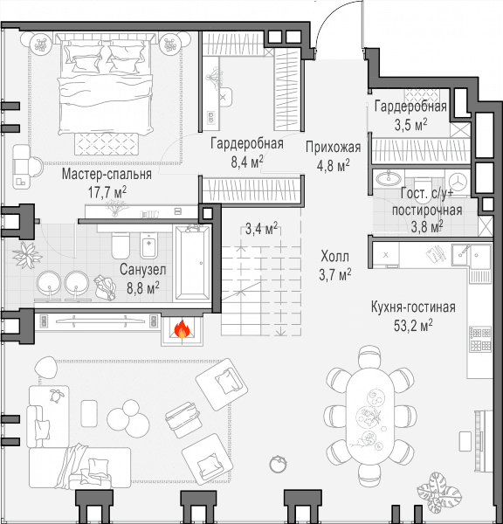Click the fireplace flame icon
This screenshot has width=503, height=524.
pos(182,329)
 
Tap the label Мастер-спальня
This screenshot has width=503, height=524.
pos(107,175)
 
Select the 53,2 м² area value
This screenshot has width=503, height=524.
pos(413,325)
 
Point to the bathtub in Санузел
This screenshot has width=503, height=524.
pos(192,263)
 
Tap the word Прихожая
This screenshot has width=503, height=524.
pos(334,148)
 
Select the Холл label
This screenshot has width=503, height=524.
pos(334,257)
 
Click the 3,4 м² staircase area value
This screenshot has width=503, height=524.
pos(261,229)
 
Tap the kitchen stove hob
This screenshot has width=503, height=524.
pos(480,339)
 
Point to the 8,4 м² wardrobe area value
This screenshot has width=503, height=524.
pos(247,162)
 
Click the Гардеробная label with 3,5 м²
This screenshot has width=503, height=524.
pos(410,107)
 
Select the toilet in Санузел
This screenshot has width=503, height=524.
pos(121,245)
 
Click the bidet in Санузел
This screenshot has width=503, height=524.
pos(149,245)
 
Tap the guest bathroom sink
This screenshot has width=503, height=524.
pos(389,178)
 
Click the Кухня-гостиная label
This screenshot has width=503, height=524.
pos(413,307)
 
